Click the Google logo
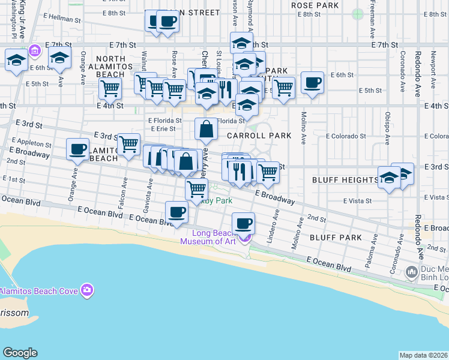click(20, 353)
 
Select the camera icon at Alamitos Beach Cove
click(87, 290)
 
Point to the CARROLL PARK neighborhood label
click(259, 136)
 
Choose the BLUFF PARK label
click(336, 238)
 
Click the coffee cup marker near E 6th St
click(312, 83)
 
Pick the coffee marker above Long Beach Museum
click(243, 224)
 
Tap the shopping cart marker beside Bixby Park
click(196, 189)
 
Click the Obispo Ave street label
click(388, 127)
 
